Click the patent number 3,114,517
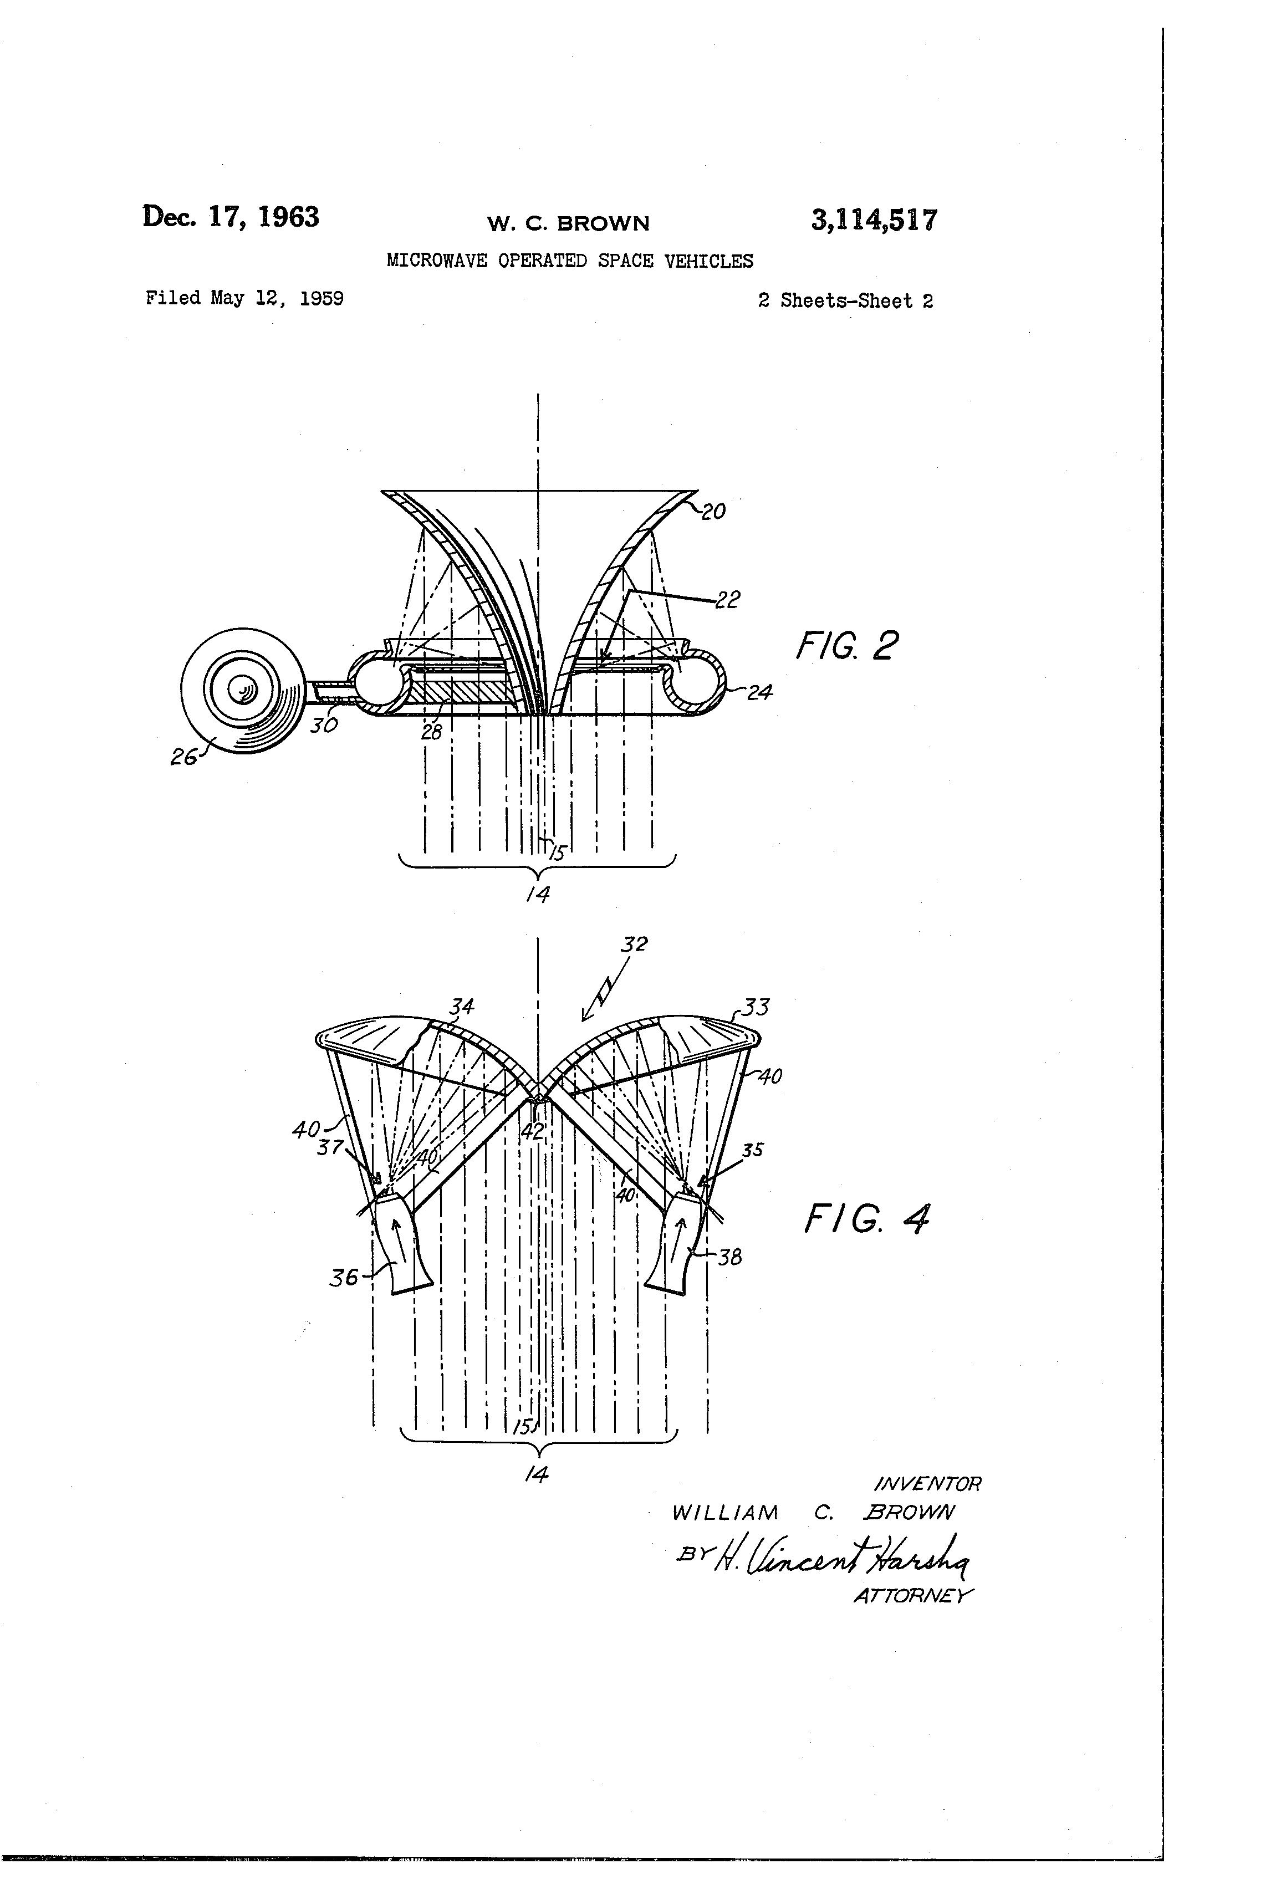click(873, 220)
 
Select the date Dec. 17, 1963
click(231, 217)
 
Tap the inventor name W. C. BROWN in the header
click(568, 223)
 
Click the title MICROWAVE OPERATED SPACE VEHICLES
click(570, 261)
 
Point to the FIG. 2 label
click(846, 647)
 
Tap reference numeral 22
click(728, 600)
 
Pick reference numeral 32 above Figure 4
click(634, 944)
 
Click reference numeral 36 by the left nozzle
click(343, 1277)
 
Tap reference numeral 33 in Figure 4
click(756, 1008)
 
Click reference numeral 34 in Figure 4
click(462, 1008)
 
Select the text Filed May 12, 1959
click(244, 298)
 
